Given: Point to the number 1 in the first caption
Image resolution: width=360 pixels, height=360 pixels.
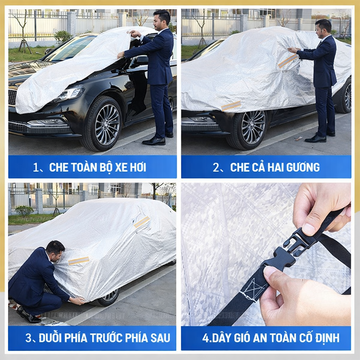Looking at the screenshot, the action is pos(36,167).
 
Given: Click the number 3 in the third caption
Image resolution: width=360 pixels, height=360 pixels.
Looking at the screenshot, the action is pos(28,338).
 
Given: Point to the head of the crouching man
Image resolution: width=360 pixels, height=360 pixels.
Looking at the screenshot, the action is pos(55,251).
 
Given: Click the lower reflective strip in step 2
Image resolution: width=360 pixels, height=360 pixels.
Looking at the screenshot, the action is pos(231,106).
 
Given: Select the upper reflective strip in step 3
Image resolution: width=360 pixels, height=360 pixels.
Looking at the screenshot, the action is pos(142,221).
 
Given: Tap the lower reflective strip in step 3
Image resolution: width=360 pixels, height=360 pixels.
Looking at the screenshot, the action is pos(79,261).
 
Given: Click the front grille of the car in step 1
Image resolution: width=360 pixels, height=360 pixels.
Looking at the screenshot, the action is pos(13,98).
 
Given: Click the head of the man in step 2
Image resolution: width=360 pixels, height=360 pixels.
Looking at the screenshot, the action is pos(324,29).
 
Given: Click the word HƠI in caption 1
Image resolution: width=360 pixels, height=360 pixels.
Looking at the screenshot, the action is pos(138,167).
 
